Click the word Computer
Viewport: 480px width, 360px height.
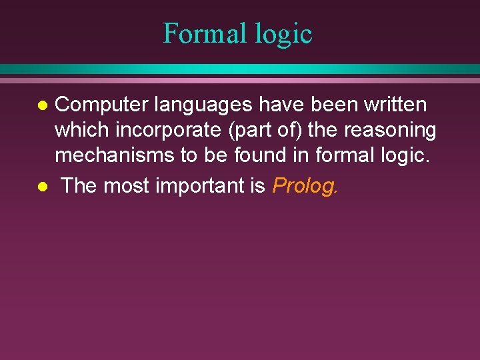[101, 105]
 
